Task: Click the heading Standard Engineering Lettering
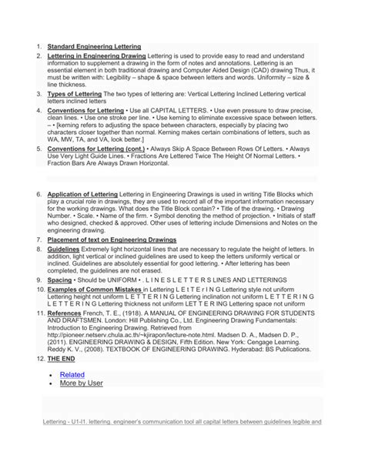[94, 46]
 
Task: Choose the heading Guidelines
[63, 250]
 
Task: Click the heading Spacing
[59, 280]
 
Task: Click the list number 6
[39, 195]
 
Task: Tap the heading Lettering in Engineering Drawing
[95, 57]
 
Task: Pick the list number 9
[39, 280]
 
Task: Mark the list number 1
[39, 46]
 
